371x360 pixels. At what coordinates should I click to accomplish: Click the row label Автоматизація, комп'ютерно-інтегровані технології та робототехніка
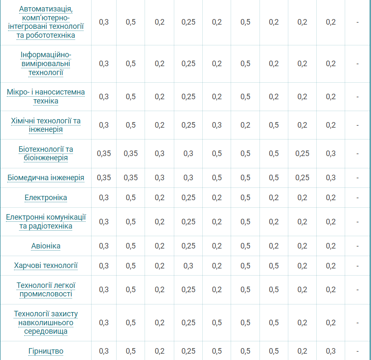coord(46,22)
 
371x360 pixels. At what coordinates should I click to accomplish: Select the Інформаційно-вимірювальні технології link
coord(46,64)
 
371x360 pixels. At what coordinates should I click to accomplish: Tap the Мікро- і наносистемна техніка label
coord(46,97)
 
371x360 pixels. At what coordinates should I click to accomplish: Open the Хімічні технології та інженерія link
coord(46,125)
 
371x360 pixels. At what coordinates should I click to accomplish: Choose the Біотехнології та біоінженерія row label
coord(46,153)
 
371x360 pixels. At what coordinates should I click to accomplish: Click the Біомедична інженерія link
coord(46,178)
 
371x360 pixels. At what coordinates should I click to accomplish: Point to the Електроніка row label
coord(46,198)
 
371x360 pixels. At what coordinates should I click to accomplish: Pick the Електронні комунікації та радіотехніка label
coord(46,222)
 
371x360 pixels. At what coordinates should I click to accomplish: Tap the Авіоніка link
coord(46,246)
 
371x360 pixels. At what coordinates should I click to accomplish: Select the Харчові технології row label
coord(46,266)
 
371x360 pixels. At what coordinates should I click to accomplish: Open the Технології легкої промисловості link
coord(46,290)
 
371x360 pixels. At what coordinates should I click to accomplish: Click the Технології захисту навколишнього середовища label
coord(46,323)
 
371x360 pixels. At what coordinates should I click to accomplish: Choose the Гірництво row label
coord(46,351)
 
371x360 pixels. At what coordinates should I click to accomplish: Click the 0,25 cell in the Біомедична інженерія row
coord(302,178)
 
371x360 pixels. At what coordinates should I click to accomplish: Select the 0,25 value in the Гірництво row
coord(188,351)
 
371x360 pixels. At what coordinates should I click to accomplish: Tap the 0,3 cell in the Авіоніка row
coord(103,246)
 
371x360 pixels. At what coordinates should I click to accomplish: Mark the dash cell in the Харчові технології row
coord(357,266)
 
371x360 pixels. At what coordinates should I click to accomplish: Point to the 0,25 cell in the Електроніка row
coord(188,198)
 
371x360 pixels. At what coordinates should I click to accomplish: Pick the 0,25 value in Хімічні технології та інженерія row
coord(188,125)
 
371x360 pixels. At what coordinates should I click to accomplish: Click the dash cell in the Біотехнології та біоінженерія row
coord(357,153)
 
